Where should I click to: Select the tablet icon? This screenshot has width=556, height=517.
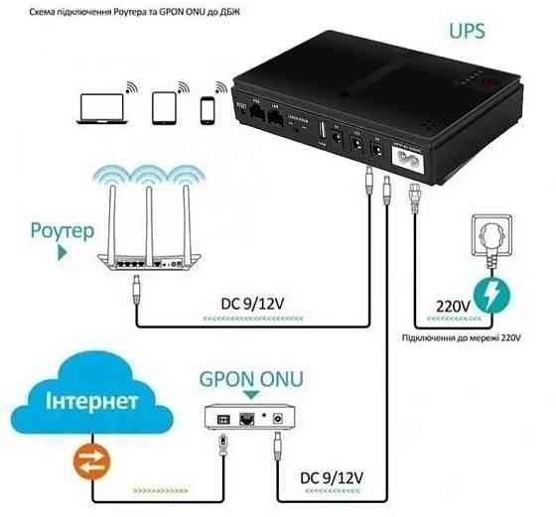(x=165, y=105)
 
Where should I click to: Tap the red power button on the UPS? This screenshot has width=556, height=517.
(x=486, y=83)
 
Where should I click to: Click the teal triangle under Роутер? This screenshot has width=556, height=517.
(x=63, y=254)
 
